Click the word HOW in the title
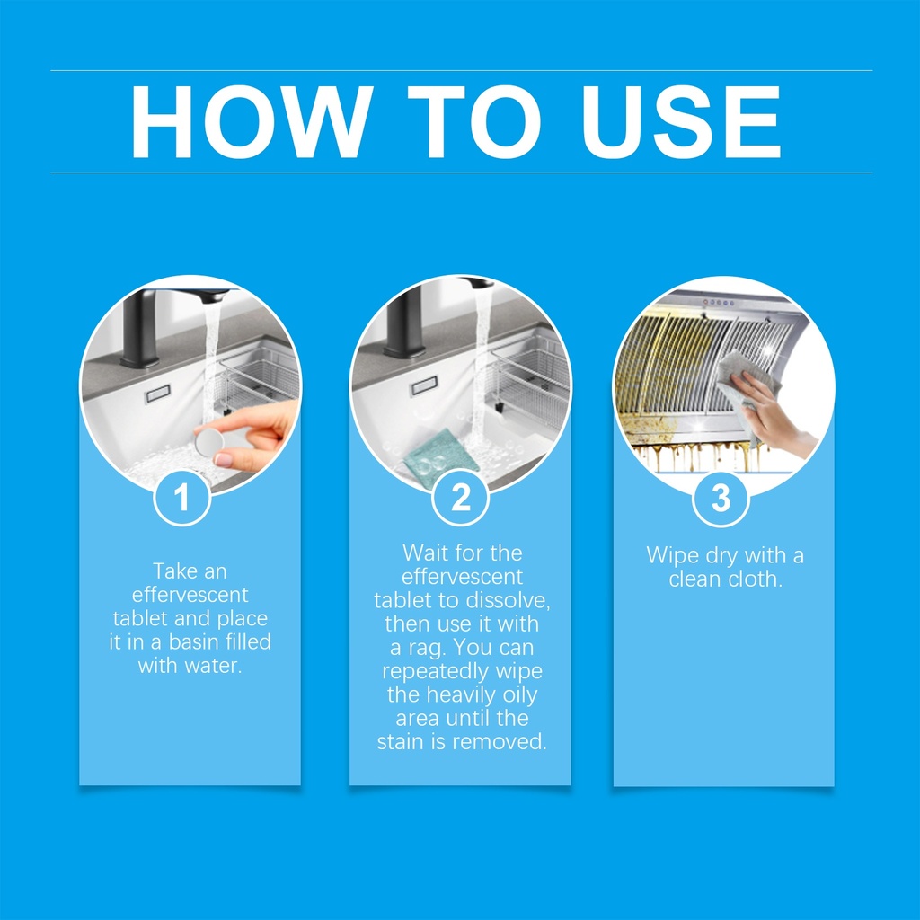click(x=252, y=122)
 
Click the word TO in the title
click(x=474, y=122)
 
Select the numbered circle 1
click(x=181, y=498)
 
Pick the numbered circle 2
click(x=461, y=498)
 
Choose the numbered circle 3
click(x=721, y=498)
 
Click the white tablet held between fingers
click(x=209, y=442)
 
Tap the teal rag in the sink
click(x=442, y=452)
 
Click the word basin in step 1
click(x=193, y=641)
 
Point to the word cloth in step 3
click(x=754, y=579)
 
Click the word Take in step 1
click(x=173, y=571)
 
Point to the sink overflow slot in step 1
click(x=157, y=394)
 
